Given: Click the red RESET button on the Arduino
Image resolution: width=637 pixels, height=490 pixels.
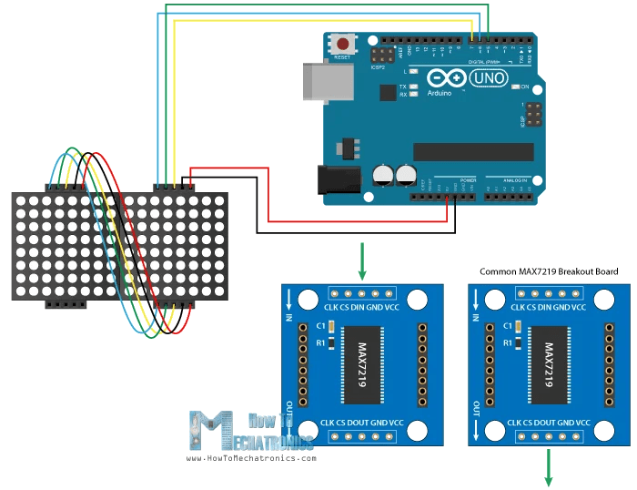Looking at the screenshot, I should coord(344,44).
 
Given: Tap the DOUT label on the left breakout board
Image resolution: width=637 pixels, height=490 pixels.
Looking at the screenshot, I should coord(351,423).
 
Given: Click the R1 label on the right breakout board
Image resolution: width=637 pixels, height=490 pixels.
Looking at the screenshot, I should coord(500,342).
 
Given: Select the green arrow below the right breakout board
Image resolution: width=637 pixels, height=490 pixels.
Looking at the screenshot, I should coord(550,469).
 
